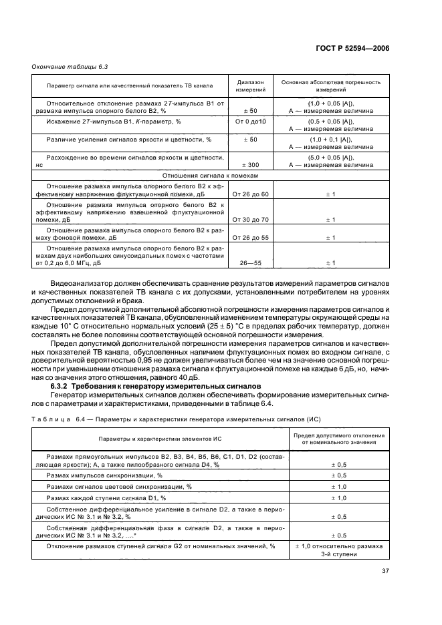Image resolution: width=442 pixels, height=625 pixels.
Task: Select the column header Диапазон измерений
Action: click(x=251, y=85)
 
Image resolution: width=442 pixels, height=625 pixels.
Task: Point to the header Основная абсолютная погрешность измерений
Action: click(x=330, y=85)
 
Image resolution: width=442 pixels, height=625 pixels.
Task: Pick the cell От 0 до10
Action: click(x=251, y=123)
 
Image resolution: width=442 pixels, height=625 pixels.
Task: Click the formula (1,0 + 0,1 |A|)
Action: click(x=330, y=138)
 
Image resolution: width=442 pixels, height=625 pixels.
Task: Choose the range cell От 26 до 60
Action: click(x=251, y=194)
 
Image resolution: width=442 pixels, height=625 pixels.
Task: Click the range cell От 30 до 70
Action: click(x=251, y=219)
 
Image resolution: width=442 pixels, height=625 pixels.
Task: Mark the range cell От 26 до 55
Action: click(x=251, y=236)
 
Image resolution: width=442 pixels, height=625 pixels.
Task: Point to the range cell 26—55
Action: click(x=251, y=262)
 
